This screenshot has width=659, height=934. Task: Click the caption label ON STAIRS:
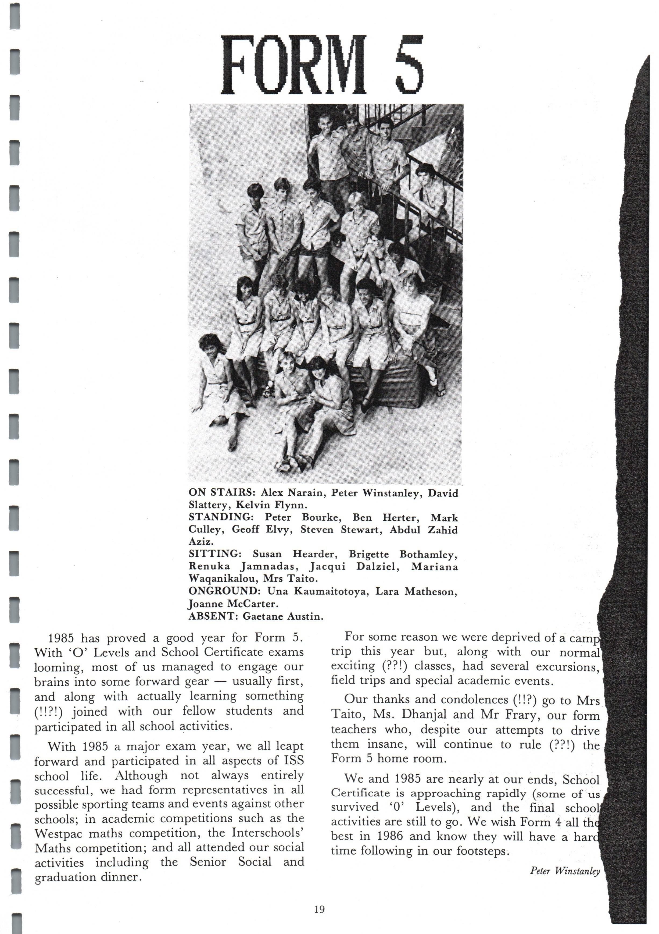tap(221, 493)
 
